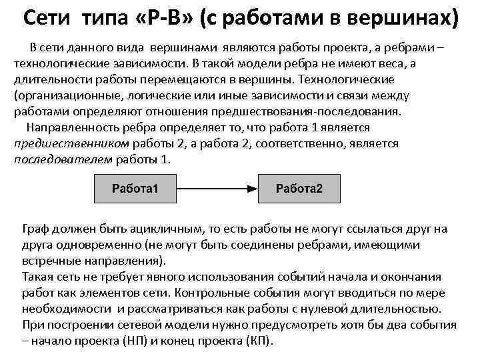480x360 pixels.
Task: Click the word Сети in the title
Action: pos(49,17)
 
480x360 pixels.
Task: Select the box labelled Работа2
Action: pos(299,188)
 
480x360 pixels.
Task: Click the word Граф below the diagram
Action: pos(37,229)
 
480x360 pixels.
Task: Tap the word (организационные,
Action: pos(63,95)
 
